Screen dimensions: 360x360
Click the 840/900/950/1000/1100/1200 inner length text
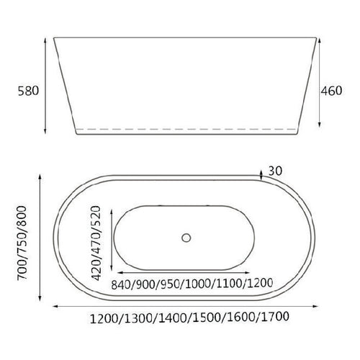pyautogui.click(x=185, y=284)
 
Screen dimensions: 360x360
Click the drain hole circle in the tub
pyautogui.click(x=186, y=237)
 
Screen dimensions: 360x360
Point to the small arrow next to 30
pyautogui.click(x=261, y=173)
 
